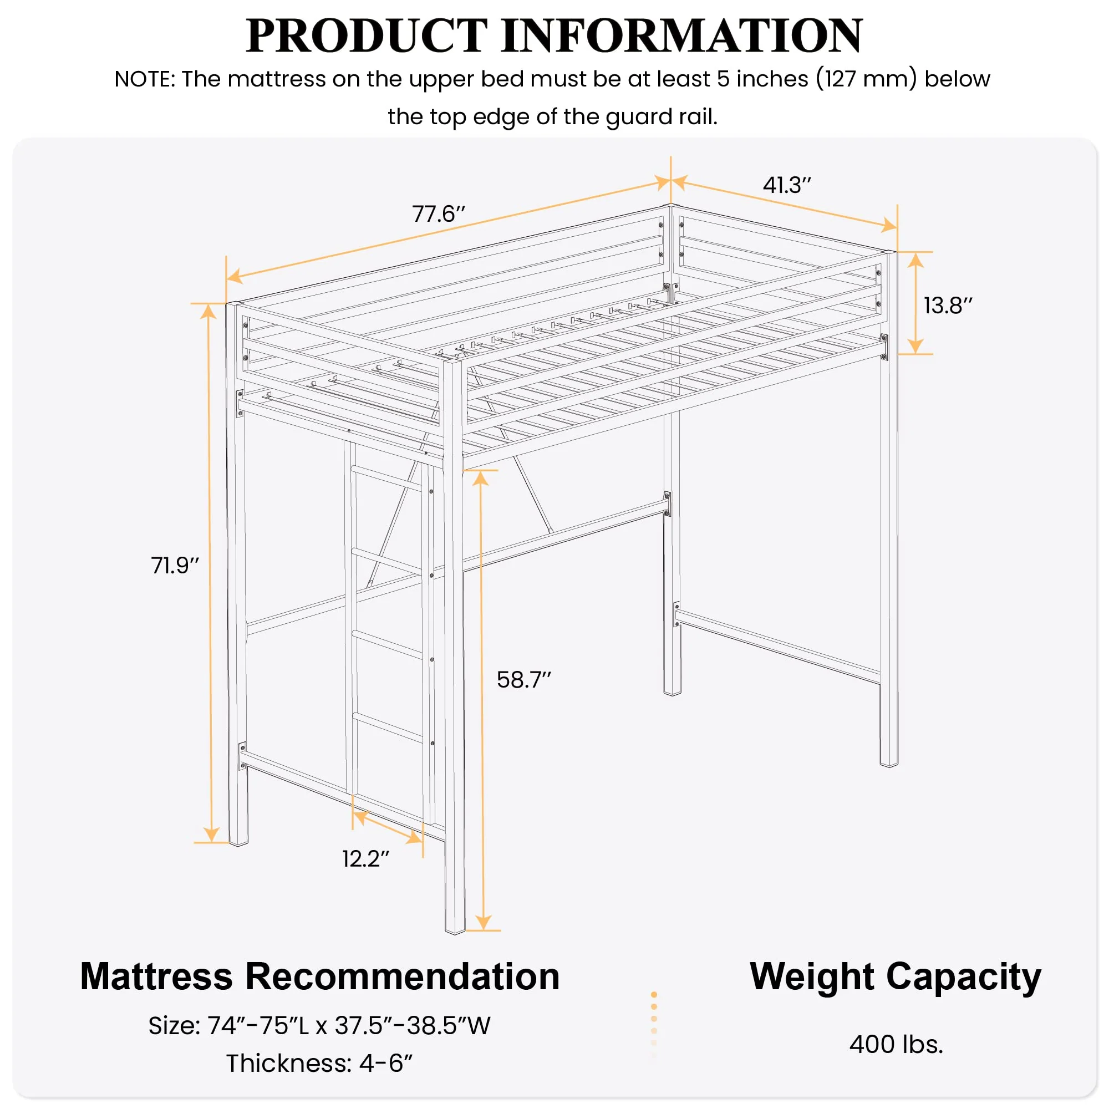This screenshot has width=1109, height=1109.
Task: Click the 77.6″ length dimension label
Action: [439, 214]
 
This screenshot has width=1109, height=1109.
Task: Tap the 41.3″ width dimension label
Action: [787, 185]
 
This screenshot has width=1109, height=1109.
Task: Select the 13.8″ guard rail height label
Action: [948, 306]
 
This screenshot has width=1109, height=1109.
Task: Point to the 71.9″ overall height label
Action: [175, 566]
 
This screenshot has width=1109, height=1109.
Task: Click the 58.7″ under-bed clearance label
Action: [523, 680]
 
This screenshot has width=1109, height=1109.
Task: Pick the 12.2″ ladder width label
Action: [365, 859]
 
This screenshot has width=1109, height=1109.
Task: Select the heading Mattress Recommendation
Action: [320, 976]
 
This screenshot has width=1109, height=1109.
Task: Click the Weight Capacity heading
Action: [895, 976]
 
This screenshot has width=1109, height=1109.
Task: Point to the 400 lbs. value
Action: [896, 1044]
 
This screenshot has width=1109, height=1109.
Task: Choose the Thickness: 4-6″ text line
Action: [320, 1063]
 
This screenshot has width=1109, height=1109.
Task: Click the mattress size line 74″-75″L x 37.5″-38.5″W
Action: [320, 1025]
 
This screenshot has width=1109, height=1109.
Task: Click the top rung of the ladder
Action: [386, 477]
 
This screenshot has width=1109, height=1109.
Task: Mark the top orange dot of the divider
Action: [654, 995]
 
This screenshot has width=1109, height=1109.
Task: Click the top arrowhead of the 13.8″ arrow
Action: [915, 260]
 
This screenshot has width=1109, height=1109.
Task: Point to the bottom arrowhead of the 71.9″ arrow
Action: [211, 834]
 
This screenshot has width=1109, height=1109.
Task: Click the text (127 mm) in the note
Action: [867, 79]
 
